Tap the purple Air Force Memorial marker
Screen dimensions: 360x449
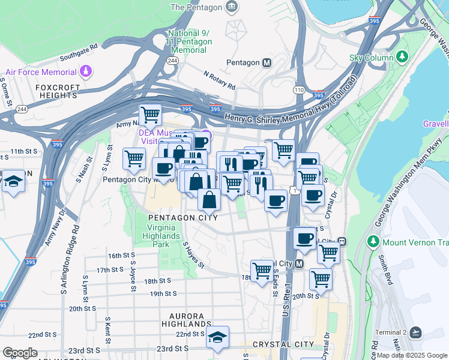(87, 71)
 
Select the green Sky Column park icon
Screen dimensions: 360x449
(401, 58)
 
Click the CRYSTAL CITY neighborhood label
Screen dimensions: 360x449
(283, 344)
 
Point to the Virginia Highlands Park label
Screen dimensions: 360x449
(163, 236)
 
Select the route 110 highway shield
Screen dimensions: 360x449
(298, 89)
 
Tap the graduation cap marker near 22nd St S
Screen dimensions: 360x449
(218, 337)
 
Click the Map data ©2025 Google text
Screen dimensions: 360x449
(412, 355)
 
